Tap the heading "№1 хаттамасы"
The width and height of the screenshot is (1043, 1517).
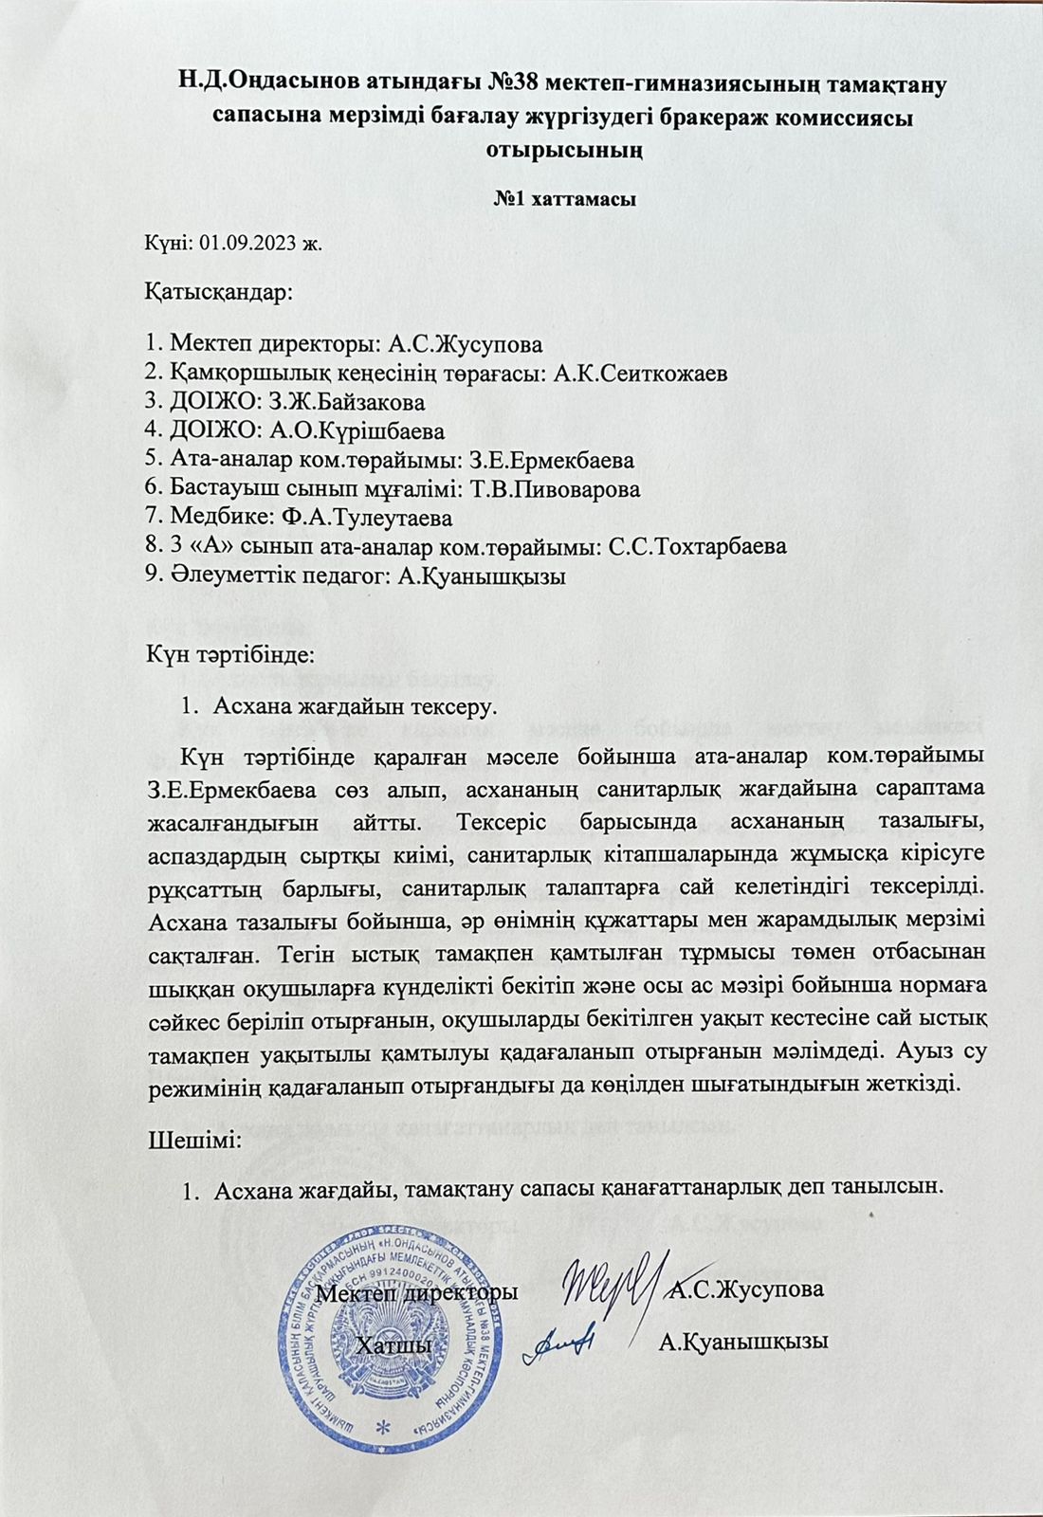[x=565, y=200]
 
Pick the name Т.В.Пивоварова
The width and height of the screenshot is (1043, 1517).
[x=561, y=489]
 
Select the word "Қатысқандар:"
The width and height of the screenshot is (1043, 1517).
[x=219, y=292]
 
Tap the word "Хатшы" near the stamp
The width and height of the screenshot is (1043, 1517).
[x=389, y=1343]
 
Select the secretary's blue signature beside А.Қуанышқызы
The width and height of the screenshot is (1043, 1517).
[x=561, y=1341]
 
